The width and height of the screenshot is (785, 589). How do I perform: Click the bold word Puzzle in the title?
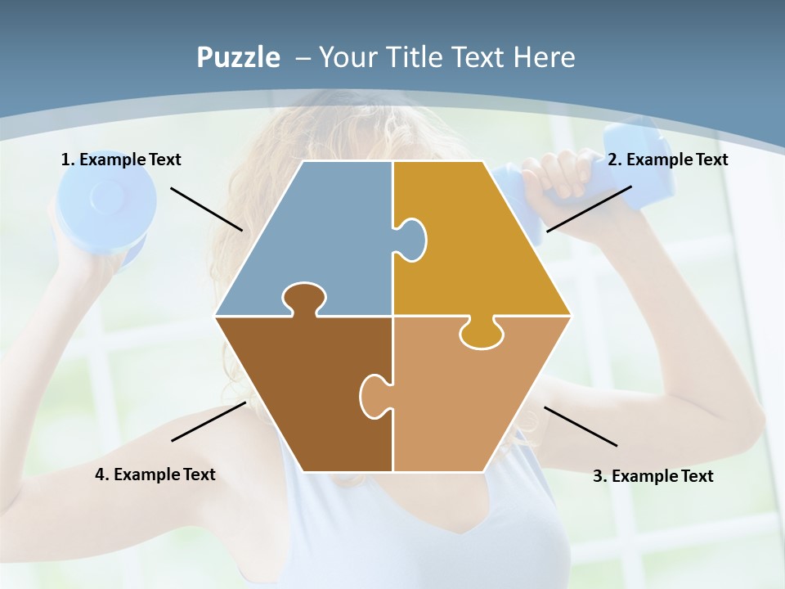click(238, 57)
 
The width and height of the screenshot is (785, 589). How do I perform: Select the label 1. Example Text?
click(121, 160)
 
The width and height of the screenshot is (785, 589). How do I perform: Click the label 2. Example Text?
click(667, 160)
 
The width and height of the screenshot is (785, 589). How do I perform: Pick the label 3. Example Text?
click(653, 476)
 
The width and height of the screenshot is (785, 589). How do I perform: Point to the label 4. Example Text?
click(155, 474)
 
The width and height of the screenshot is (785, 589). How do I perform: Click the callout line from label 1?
click(206, 209)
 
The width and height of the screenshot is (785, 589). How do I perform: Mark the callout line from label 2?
click(589, 209)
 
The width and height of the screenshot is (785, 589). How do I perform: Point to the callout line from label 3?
click(581, 426)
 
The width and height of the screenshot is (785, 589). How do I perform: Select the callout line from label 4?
click(209, 421)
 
